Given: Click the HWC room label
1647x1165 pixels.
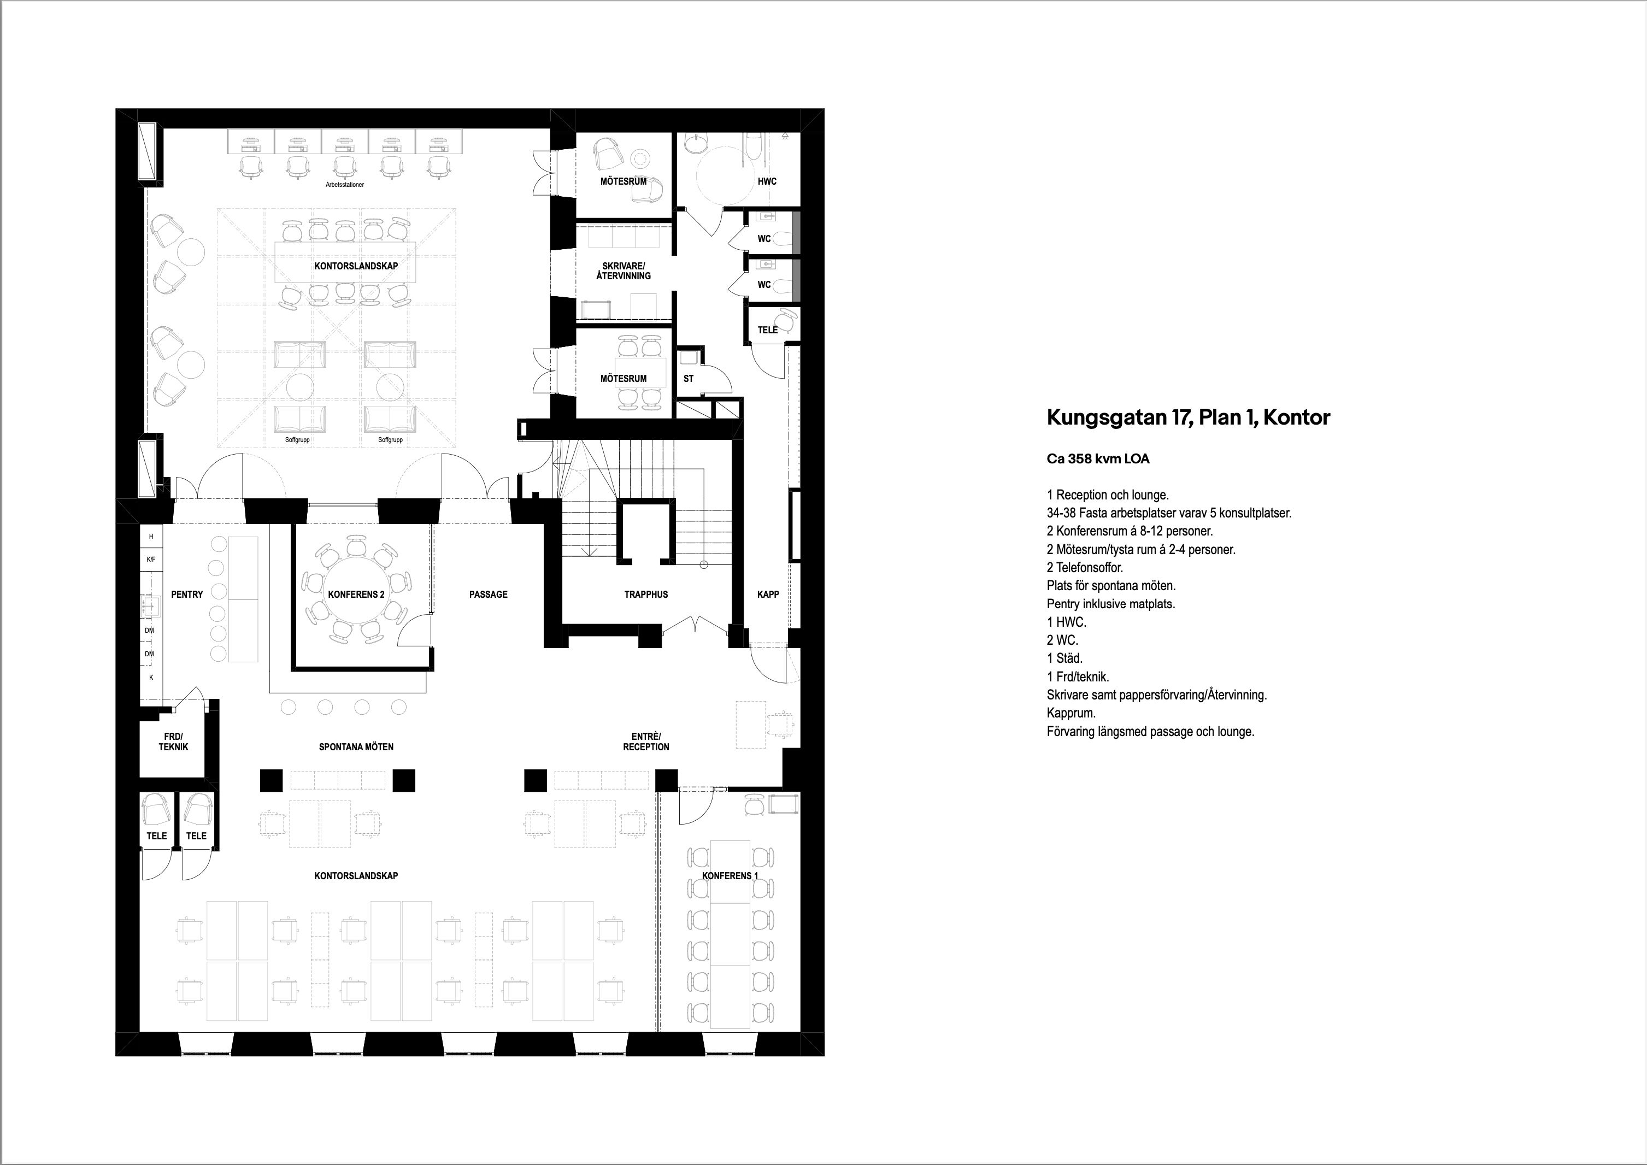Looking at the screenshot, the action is [767, 181].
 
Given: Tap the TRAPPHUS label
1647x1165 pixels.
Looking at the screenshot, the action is [645, 594].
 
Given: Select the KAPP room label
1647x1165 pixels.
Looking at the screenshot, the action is [768, 594].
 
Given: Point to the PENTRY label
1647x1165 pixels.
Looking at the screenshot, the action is [186, 594].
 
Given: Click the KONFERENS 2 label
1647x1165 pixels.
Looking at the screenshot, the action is [356, 594].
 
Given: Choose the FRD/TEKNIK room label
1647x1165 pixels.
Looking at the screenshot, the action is [173, 742].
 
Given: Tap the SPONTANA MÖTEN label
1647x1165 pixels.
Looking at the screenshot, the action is [356, 747].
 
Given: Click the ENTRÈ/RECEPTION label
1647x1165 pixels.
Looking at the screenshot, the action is [645, 742].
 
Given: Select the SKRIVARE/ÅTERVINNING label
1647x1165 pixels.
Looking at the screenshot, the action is [623, 270].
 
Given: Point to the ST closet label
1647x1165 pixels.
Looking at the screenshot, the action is [688, 378].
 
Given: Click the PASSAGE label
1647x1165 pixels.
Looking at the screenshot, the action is [488, 594].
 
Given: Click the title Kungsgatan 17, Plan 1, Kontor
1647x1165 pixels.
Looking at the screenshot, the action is [1188, 418].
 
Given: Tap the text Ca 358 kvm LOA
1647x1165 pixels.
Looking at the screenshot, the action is [1097, 458].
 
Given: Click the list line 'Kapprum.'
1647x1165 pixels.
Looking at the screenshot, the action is [1071, 714].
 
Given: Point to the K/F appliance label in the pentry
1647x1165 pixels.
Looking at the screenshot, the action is [151, 560].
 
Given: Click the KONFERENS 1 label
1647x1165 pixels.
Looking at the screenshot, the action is [730, 876].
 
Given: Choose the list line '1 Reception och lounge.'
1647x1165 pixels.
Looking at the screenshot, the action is [1108, 495].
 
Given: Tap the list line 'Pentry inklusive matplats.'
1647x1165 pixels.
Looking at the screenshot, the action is [1111, 604].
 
